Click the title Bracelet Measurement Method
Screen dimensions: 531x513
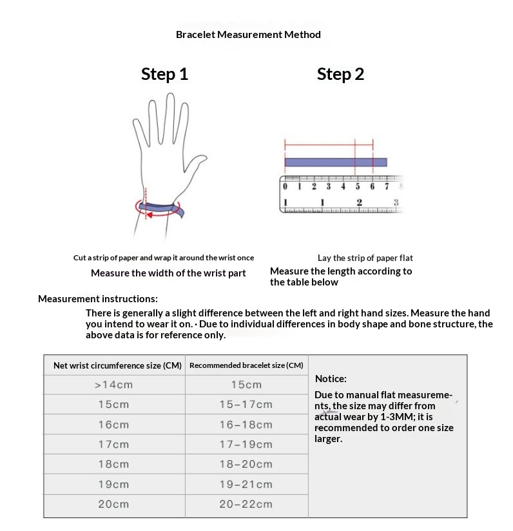pyautogui.click(x=248, y=34)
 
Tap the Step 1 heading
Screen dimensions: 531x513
pyautogui.click(x=164, y=74)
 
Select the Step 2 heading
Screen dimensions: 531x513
pyautogui.click(x=340, y=74)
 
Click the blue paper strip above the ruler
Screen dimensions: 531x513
pyautogui.click(x=335, y=162)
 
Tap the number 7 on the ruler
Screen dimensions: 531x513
pyautogui.click(x=387, y=186)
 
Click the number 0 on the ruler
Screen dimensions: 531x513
pyautogui.click(x=285, y=186)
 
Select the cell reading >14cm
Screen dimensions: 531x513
pyautogui.click(x=113, y=385)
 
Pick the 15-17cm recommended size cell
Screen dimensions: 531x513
pyautogui.click(x=246, y=405)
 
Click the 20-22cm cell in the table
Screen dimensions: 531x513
pyautogui.click(x=246, y=505)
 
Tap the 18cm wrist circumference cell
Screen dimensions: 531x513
pyautogui.click(x=113, y=465)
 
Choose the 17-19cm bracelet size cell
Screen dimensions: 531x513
pyautogui.click(x=246, y=445)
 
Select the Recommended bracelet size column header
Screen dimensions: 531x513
pyautogui.click(x=246, y=365)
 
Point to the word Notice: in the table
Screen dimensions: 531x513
pyautogui.click(x=331, y=379)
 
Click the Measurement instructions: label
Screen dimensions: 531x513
pyautogui.click(x=97, y=299)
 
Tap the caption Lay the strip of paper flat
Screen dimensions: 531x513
pyautogui.click(x=365, y=258)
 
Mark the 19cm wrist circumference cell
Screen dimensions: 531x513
pyautogui.click(x=113, y=485)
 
